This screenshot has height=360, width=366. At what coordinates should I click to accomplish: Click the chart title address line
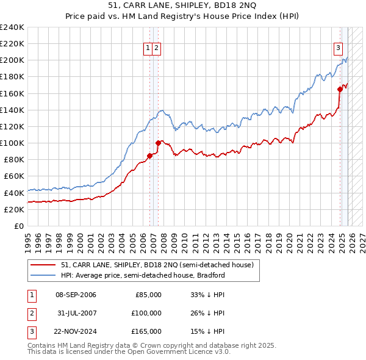coord(182,6)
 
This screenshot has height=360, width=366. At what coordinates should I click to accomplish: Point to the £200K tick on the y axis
coord(12,60)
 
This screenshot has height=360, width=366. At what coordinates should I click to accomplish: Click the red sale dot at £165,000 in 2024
coord(340,89)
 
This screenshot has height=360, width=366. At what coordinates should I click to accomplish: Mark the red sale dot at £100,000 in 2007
coord(158,143)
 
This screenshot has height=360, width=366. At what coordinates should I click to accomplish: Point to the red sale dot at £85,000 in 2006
coord(149,156)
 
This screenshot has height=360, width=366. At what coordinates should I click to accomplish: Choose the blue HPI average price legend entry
coord(143,275)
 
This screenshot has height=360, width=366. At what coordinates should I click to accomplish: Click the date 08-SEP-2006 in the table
coord(75,295)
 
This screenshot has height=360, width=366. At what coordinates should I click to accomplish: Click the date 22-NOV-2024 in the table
coord(76,331)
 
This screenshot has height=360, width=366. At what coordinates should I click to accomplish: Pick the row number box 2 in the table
coord(31,313)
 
